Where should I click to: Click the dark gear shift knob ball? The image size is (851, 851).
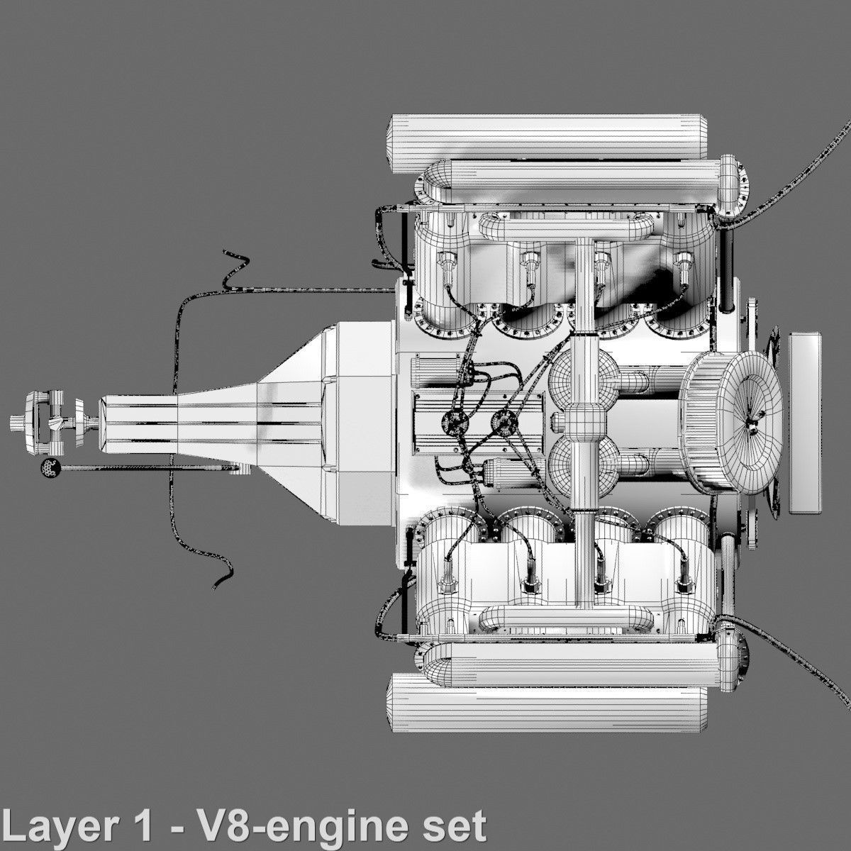[49, 467]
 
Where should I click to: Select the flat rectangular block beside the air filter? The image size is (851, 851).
[806, 423]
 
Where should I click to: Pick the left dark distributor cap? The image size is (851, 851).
[451, 423]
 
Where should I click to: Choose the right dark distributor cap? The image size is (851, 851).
[505, 423]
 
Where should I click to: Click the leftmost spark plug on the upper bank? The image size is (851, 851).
[448, 267]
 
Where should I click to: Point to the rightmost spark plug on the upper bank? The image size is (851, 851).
[682, 267]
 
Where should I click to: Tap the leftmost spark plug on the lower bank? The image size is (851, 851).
[448, 581]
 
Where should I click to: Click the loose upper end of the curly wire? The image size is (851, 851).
[226, 251]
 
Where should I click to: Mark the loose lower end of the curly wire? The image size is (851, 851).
[216, 587]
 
